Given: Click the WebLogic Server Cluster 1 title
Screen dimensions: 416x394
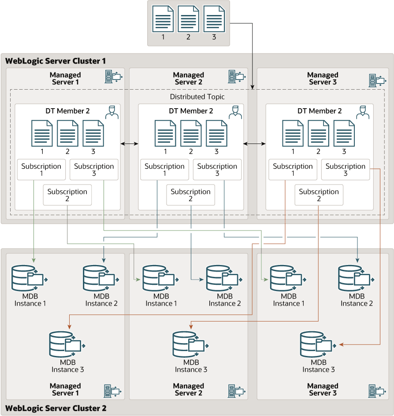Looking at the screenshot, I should point(56,61).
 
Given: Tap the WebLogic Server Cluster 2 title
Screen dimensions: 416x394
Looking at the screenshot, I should point(56,408).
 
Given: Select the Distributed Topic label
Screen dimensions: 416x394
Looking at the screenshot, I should point(197,97).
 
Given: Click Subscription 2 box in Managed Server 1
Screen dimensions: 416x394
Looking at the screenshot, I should point(67,195).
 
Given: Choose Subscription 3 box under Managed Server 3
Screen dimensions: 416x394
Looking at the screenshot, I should point(346,170).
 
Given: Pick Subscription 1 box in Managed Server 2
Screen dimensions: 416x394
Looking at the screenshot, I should point(164,170).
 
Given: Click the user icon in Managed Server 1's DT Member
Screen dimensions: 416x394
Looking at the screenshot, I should point(112,112).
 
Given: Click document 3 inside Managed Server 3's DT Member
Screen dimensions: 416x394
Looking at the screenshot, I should point(344,133).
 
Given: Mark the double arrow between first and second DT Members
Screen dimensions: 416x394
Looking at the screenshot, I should point(130,144).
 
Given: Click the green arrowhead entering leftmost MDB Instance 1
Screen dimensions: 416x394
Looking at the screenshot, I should point(34,260).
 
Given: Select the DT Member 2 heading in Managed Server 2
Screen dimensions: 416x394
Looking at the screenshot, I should point(191,111).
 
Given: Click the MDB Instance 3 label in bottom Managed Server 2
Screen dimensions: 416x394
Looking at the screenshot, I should point(191,366).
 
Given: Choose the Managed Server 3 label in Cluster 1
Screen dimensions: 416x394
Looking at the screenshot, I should point(323,79).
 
